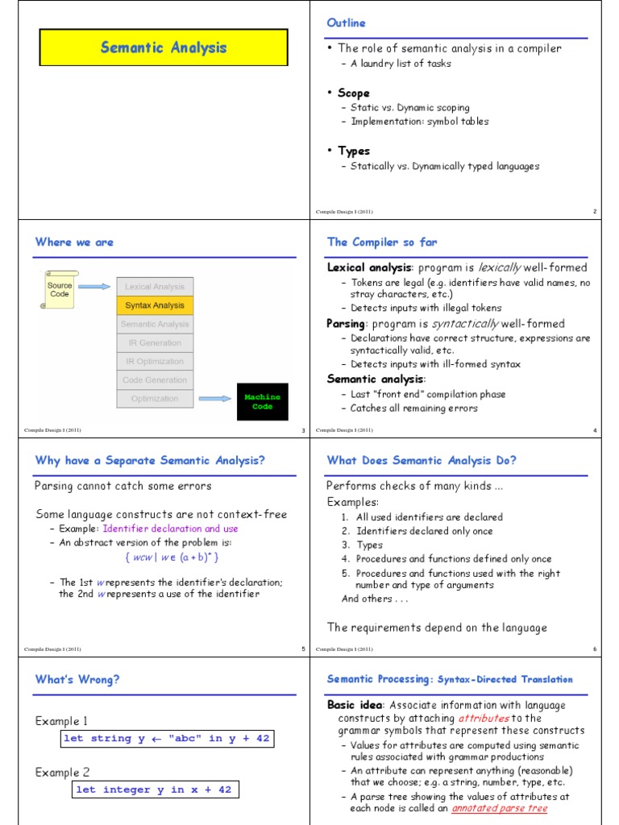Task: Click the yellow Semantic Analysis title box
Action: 164,48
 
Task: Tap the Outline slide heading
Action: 346,23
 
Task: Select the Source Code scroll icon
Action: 59,289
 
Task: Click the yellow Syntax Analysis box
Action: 155,305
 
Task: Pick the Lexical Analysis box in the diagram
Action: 155,287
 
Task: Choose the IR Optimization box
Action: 155,362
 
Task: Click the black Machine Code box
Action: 263,401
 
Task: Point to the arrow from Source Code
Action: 94,286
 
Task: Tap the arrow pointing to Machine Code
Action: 216,398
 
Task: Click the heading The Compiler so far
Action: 382,242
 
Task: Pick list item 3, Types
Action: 369,545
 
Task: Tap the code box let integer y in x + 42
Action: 154,790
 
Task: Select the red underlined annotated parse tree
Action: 498,808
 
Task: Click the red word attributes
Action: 483,718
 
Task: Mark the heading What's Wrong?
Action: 77,679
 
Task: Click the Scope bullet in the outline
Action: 353,93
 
